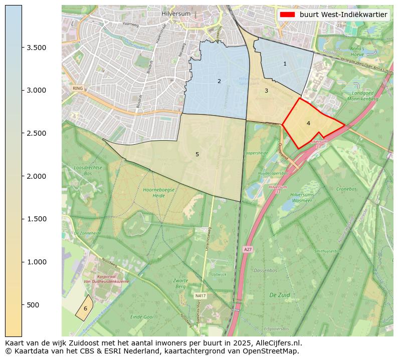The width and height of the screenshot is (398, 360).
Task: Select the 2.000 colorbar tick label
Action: (x=37, y=176)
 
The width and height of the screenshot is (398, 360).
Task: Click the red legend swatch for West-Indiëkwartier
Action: (x=287, y=15)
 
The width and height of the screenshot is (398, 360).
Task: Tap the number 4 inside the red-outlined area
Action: (x=308, y=123)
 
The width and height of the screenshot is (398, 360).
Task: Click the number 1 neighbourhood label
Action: (x=285, y=64)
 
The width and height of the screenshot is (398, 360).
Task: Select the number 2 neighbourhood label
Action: (x=219, y=81)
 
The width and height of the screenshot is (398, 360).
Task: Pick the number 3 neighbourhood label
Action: (x=266, y=91)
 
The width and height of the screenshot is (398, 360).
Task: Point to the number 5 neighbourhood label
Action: (x=197, y=154)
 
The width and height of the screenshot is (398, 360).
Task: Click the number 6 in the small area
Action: (x=85, y=308)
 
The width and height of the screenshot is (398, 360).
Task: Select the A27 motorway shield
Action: (x=248, y=249)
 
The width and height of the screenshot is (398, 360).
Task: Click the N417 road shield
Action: (x=200, y=296)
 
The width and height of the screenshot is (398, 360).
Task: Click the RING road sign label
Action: (x=77, y=88)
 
